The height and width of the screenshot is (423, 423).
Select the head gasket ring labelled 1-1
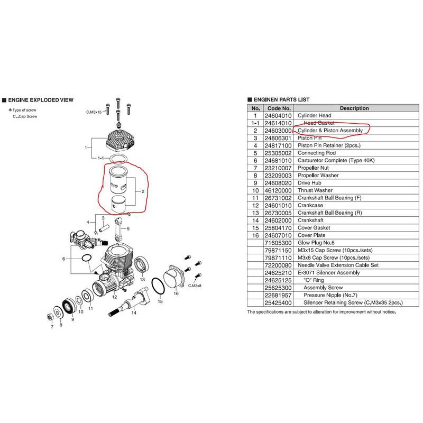(x=118, y=159)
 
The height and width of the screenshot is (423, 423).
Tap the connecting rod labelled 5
(x=118, y=229)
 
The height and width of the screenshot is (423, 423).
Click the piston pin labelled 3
(x=104, y=228)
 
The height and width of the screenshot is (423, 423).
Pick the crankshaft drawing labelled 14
(x=128, y=302)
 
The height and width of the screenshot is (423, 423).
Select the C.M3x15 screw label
(x=94, y=112)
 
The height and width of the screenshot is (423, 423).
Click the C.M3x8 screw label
(x=195, y=286)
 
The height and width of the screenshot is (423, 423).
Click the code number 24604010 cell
(x=278, y=116)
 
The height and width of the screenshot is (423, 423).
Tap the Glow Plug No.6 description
(x=316, y=243)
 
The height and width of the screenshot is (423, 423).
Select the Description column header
(x=354, y=108)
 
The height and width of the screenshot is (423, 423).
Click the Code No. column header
(x=279, y=108)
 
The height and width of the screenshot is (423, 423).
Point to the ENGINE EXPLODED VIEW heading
(x=41, y=100)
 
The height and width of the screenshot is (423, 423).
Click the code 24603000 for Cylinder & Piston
(x=278, y=131)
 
